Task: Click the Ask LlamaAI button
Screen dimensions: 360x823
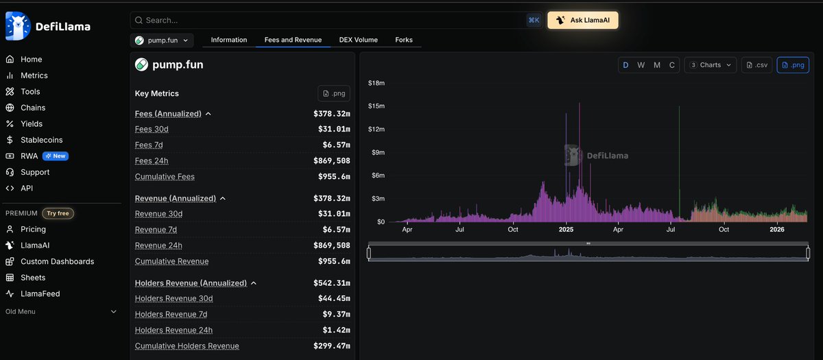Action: click(x=583, y=21)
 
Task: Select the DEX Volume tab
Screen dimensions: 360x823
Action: click(x=358, y=40)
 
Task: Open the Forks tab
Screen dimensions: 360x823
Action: click(x=404, y=40)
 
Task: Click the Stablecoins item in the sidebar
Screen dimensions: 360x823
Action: click(x=41, y=140)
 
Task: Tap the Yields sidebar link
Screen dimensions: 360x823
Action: click(x=32, y=124)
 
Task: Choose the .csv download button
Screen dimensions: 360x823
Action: click(x=758, y=65)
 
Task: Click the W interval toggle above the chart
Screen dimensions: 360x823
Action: click(x=641, y=65)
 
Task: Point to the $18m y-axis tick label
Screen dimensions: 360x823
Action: click(x=376, y=83)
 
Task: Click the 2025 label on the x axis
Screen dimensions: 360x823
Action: click(x=566, y=230)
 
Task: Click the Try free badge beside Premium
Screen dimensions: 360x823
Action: click(x=58, y=213)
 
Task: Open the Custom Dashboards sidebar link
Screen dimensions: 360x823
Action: click(x=57, y=261)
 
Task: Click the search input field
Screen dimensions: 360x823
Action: click(x=329, y=21)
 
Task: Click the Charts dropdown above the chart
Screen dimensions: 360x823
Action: click(x=710, y=65)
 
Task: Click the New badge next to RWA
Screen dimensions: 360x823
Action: click(x=56, y=156)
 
